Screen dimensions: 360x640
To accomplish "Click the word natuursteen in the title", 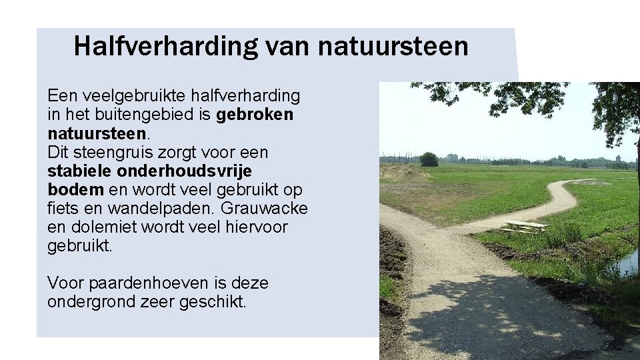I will (x=393, y=47).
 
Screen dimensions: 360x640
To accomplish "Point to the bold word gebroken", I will (x=255, y=115).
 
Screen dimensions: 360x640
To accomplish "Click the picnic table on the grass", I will (x=524, y=227).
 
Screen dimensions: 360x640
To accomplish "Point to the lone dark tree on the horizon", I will (x=429, y=159).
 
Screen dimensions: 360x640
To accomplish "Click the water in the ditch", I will (x=627, y=264).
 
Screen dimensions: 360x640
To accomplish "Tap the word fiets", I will (x=63, y=208).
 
